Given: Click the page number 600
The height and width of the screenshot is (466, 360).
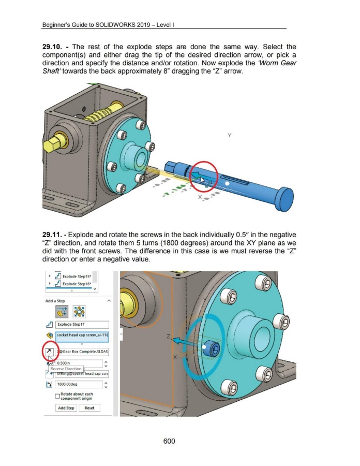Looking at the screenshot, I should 169,441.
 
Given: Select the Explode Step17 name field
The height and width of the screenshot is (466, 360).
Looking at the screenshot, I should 82,325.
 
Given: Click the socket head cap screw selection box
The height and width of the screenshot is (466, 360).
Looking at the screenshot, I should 82,336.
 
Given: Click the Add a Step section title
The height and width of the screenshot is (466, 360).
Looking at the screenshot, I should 55,301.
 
